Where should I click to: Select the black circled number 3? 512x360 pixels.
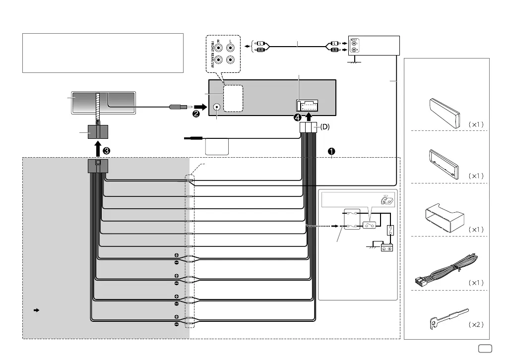tap(106, 148)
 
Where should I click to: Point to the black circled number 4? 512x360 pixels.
tap(298, 117)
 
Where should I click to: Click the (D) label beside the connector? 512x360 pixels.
tap(324, 127)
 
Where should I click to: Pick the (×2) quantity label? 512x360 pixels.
tap(476, 325)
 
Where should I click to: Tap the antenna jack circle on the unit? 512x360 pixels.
tap(217, 106)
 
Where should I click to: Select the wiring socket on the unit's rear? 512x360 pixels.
tap(308, 105)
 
